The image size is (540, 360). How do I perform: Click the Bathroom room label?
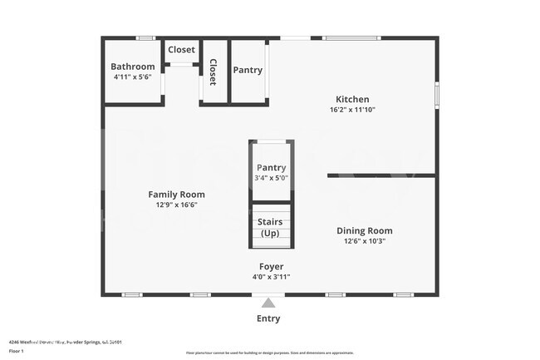(133, 67)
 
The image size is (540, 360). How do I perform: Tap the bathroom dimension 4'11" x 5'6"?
(133, 76)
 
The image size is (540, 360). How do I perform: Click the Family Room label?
(176, 194)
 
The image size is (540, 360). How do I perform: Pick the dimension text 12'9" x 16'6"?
(176, 205)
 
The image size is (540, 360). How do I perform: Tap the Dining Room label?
(364, 230)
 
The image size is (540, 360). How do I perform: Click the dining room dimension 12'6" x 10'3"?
(364, 241)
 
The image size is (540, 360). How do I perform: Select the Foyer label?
(271, 266)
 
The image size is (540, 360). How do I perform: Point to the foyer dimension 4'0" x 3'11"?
(271, 277)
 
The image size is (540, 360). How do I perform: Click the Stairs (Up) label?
(271, 227)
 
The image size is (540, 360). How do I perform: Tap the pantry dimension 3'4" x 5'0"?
(271, 178)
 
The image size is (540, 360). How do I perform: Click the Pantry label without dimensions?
(248, 70)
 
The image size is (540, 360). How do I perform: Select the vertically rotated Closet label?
(213, 72)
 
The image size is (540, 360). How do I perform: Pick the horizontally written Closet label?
(181, 50)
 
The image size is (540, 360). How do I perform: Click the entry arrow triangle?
(268, 303)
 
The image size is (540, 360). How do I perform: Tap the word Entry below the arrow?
(268, 318)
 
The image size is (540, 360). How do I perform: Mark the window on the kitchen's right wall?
(436, 93)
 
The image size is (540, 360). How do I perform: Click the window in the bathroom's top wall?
(146, 37)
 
